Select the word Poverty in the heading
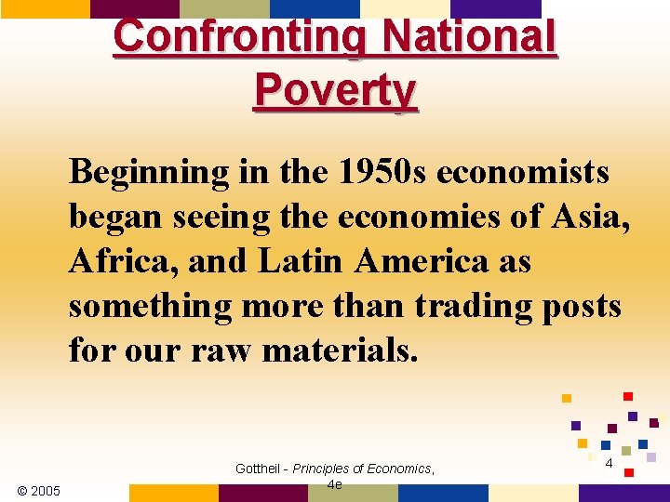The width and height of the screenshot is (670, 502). coord(335,92)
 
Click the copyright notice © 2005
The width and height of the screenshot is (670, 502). coord(39,490)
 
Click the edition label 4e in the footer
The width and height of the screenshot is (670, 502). coord(335,484)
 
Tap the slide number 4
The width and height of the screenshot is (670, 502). coord(608,463)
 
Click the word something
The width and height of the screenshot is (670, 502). coord(152,306)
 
